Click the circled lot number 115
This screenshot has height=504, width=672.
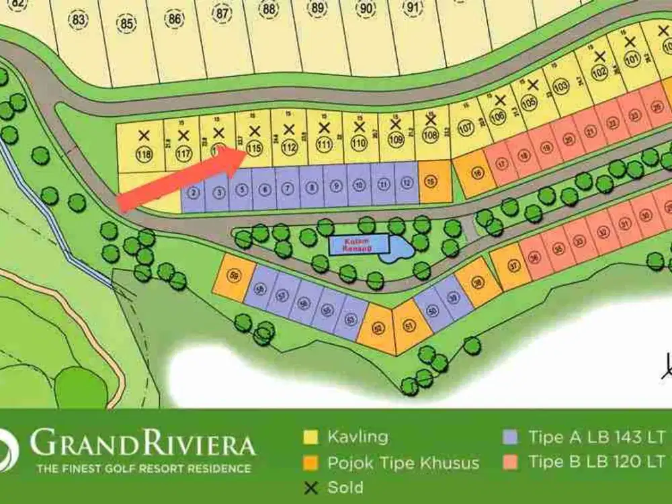coord(253,149)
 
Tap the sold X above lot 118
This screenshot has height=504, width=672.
coord(143,136)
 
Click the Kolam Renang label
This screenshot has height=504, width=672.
coord(358,244)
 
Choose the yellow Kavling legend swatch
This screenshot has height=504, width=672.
coord(310,437)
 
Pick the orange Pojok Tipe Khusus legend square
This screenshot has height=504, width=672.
coord(310,463)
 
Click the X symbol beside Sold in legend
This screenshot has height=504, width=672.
coord(310,487)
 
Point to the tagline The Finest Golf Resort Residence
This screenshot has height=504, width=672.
coord(143,468)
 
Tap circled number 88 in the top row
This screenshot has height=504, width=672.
coord(269,9)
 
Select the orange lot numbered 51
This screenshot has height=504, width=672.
coord(408,327)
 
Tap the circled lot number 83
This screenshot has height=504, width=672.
coord(79,20)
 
